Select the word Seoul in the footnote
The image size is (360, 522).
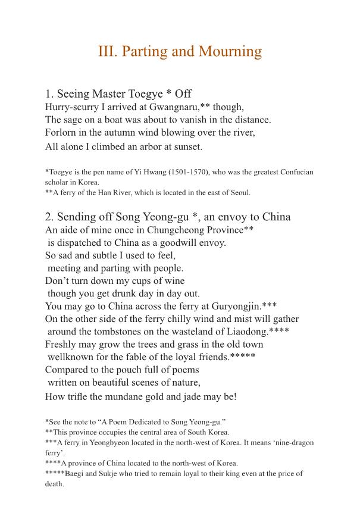pyautogui.click(x=239, y=192)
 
